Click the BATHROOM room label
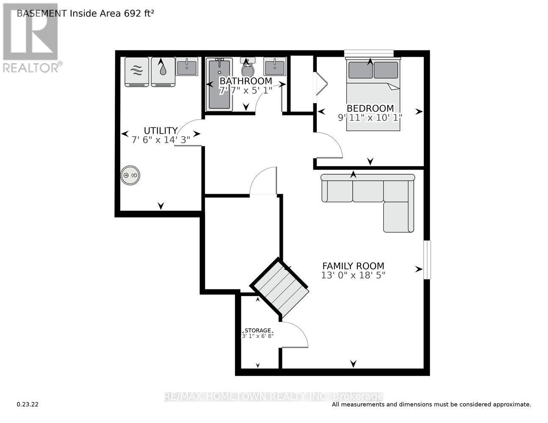(x=246, y=81)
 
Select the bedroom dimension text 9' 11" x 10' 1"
(x=370, y=118)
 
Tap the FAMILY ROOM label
(x=353, y=266)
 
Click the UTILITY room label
(x=161, y=130)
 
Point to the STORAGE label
(x=257, y=330)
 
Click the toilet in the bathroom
(x=248, y=68)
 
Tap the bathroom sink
(x=274, y=66)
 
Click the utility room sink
(x=186, y=67)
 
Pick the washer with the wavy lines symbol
(x=137, y=71)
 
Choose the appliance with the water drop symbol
(x=163, y=71)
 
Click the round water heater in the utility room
(x=130, y=175)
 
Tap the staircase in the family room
(x=280, y=287)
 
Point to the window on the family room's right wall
(x=427, y=260)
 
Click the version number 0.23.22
(x=28, y=404)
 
